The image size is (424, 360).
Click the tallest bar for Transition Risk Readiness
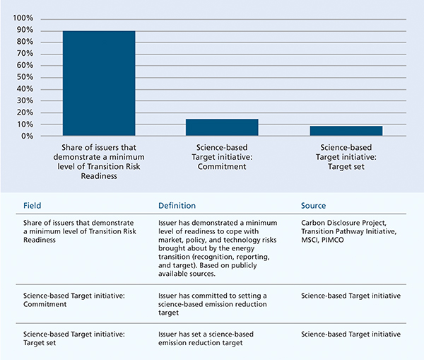coord(99,83)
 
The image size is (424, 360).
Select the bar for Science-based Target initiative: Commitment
coord(222,127)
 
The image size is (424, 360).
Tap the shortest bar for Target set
coord(346,131)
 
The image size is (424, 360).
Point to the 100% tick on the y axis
coord(23,18)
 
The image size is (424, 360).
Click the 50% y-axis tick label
coord(25,77)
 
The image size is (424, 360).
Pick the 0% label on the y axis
coord(27,136)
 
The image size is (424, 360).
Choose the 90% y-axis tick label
coord(25,30)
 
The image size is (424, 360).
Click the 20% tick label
coord(25,112)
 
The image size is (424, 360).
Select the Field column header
coord(33,206)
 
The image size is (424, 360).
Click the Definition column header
coord(177,206)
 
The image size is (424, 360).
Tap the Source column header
coord(313,206)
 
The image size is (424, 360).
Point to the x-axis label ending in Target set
coord(346,157)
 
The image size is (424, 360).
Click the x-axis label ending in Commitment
coord(222,157)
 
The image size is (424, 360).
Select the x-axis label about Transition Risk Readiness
coord(99,161)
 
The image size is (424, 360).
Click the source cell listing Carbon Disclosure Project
coord(349,231)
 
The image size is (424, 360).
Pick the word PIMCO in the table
coord(333,240)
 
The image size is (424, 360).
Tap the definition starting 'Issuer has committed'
coord(213,304)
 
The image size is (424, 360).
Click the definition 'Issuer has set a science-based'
coord(206,338)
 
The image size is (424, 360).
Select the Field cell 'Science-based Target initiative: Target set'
coord(74,338)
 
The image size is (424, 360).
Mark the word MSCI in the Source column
coord(310,240)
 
